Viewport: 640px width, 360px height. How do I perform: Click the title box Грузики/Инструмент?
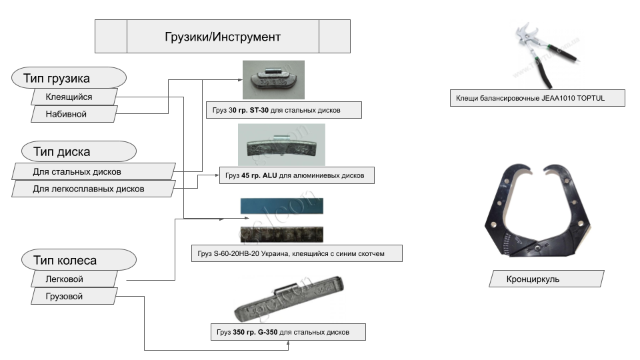click(223, 36)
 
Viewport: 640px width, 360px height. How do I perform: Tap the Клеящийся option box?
click(75, 97)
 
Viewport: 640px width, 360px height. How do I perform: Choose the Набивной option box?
click(74, 114)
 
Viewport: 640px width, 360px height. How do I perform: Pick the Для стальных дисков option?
click(93, 172)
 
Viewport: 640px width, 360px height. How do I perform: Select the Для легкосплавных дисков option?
click(93, 189)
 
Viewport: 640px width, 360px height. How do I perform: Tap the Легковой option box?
click(73, 279)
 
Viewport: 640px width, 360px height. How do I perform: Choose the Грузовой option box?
click(73, 297)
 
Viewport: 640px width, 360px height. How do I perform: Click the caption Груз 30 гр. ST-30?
click(283, 110)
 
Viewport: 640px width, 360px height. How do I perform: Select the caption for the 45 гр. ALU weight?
click(296, 175)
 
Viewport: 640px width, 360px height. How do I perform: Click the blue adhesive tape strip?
click(281, 206)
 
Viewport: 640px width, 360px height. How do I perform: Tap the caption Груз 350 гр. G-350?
click(287, 331)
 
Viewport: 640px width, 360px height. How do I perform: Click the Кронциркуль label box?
click(546, 279)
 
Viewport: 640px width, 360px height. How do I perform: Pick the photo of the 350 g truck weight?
click(289, 301)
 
